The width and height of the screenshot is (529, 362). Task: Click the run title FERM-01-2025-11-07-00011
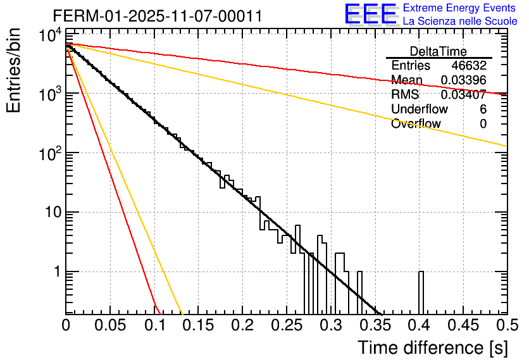point(157,16)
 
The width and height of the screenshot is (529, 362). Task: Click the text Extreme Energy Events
point(460,8)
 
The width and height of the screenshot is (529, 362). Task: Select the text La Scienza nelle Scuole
point(460,21)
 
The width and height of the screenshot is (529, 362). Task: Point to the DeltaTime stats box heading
point(439,51)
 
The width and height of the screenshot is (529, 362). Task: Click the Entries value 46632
point(468,65)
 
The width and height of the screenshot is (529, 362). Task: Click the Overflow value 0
point(483,123)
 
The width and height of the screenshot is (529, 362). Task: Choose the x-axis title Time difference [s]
point(432,347)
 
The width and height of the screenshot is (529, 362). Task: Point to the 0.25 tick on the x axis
point(286,325)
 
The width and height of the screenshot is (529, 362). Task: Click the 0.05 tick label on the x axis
point(109,325)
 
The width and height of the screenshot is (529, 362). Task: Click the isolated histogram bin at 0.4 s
point(421,292)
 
